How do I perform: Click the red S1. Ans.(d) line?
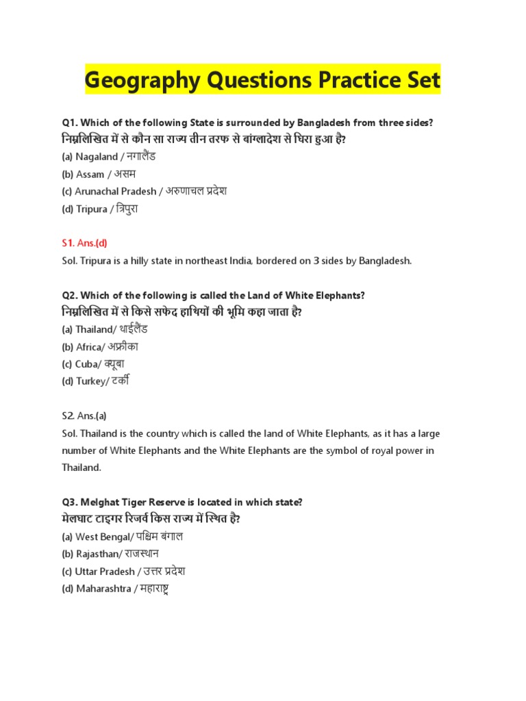[x=85, y=243]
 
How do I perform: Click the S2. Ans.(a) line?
[x=84, y=416]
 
